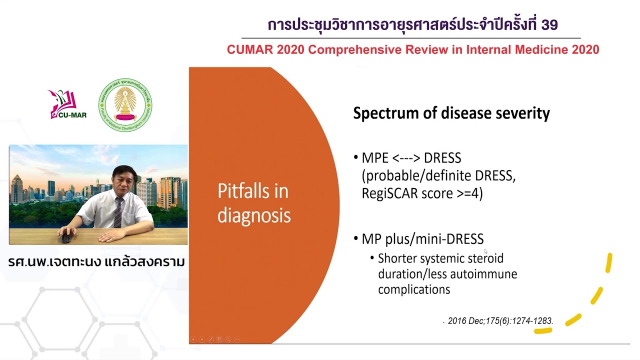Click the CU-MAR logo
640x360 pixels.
point(67,104)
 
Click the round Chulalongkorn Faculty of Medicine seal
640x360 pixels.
point(125,105)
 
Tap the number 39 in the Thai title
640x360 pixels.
point(549,24)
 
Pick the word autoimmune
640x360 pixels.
point(483,274)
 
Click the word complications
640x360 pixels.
point(414,289)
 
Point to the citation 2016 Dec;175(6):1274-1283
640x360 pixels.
point(500,321)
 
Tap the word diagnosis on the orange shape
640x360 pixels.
point(254,215)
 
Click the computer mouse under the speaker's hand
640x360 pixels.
point(66,236)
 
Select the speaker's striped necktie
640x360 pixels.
point(118,212)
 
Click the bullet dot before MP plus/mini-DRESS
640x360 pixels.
point(355,238)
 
